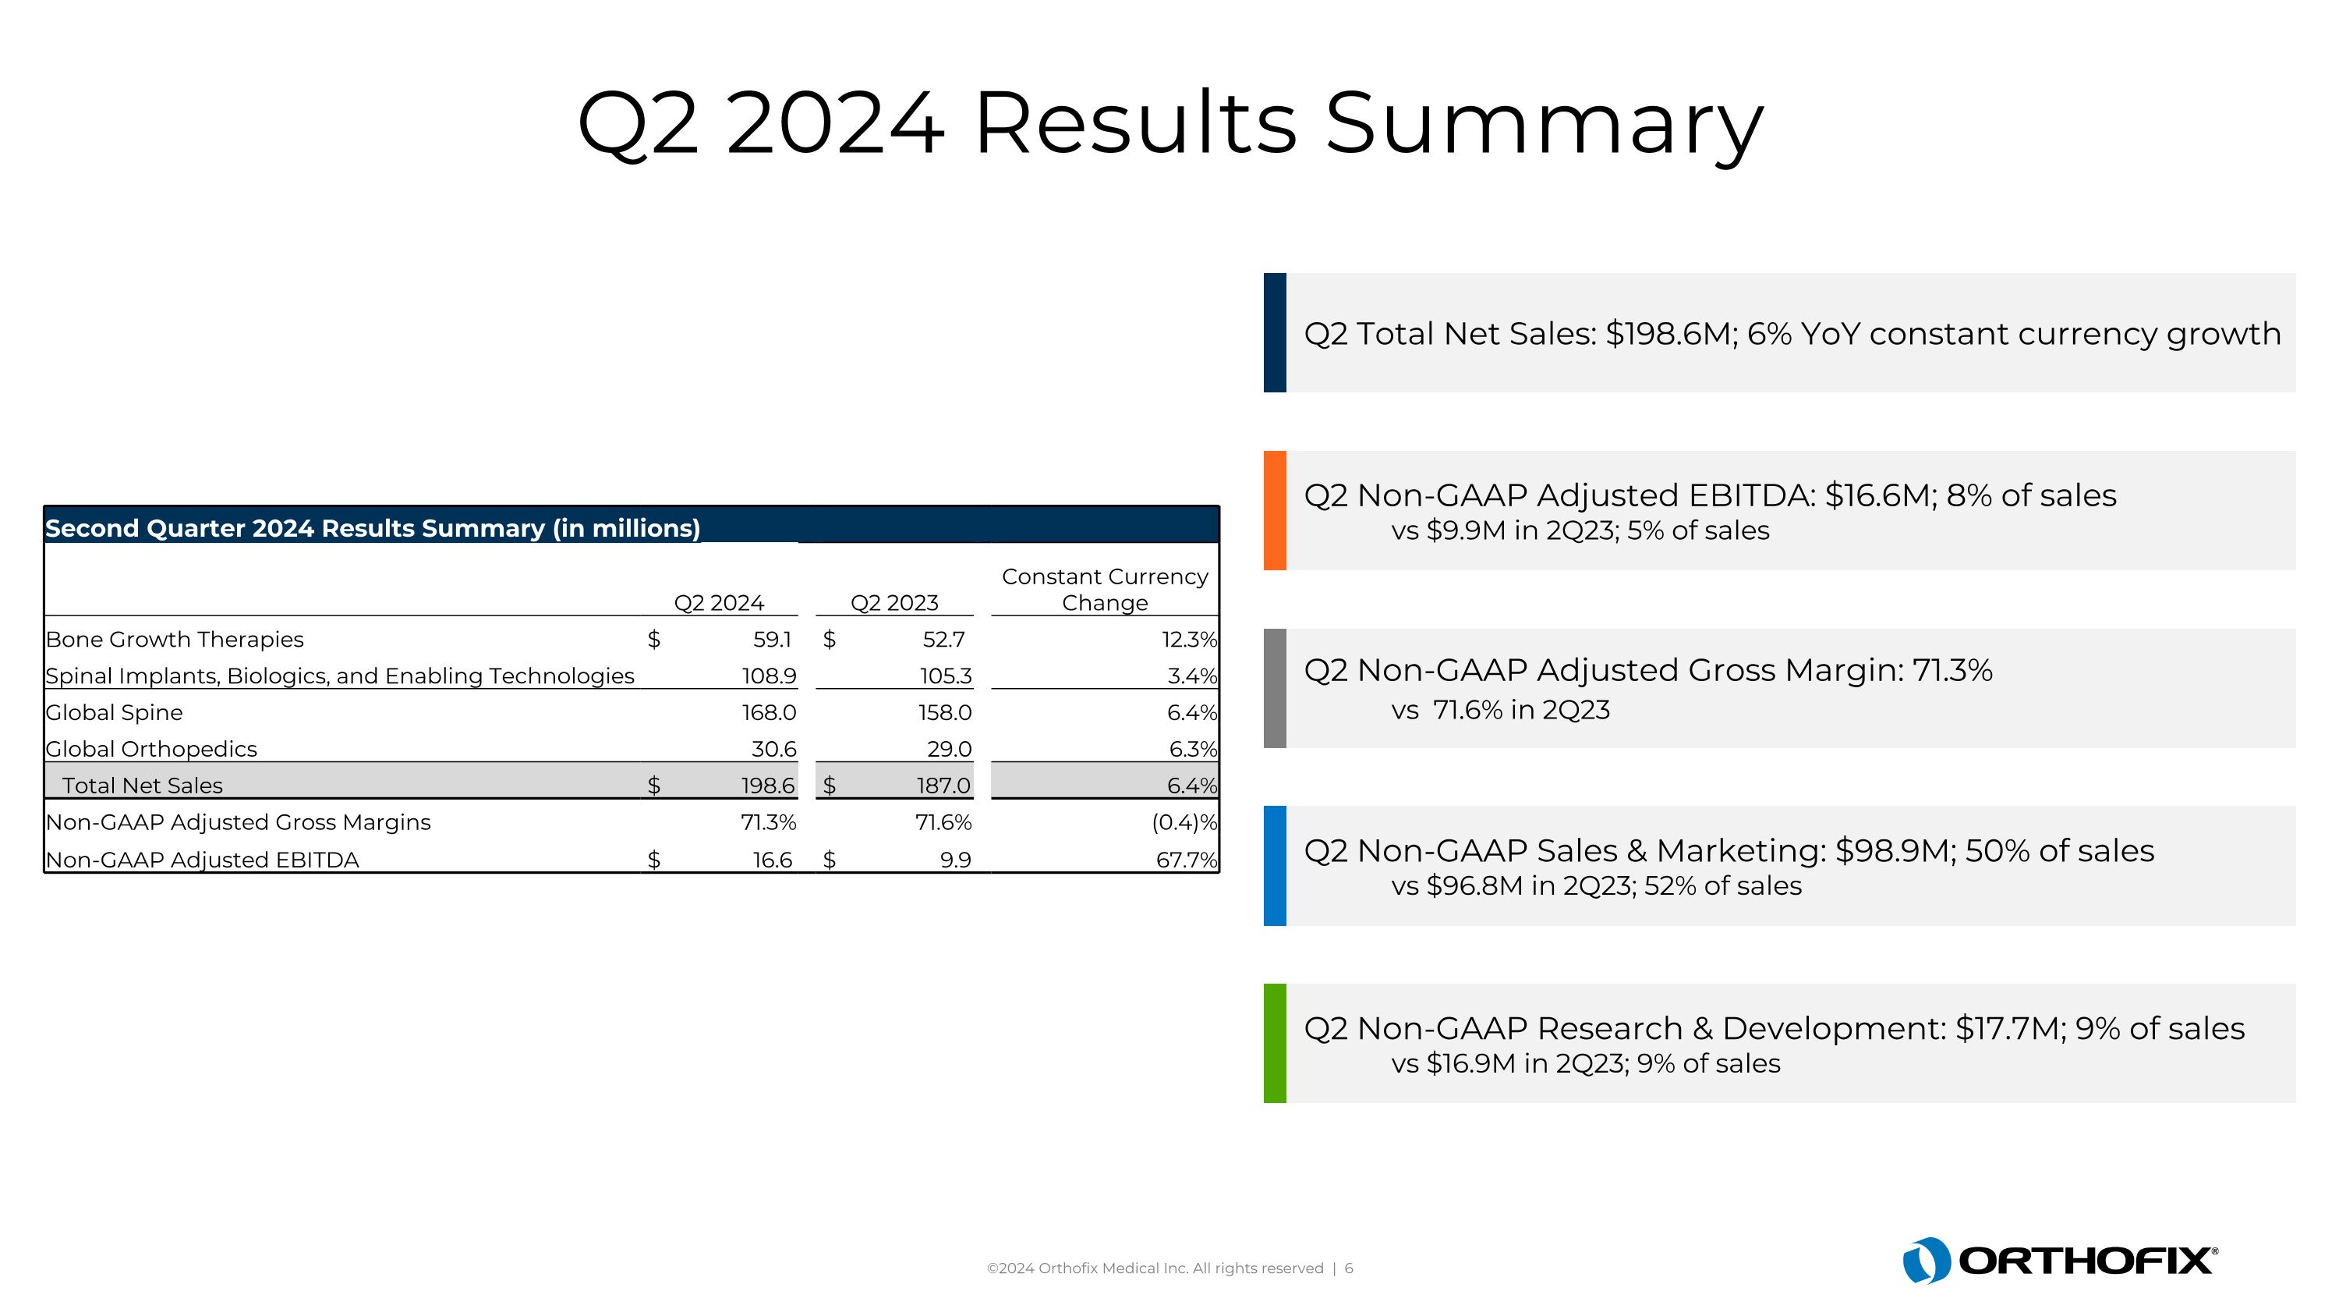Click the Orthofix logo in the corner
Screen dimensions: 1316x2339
2059,1260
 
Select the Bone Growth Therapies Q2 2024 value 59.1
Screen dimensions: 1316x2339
772,640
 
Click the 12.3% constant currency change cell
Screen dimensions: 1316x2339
1188,640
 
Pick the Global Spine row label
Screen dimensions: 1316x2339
115,713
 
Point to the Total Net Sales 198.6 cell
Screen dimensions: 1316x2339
768,786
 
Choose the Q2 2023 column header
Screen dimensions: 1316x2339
893,603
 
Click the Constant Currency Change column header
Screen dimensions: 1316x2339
1104,590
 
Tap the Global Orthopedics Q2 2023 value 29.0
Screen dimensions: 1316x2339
949,750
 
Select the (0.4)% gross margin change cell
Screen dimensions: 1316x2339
1184,823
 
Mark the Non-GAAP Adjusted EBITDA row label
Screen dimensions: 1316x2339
203,860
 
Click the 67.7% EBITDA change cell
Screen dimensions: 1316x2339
1186,860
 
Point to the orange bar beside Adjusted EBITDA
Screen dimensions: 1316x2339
1275,510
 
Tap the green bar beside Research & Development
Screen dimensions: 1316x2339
1275,1044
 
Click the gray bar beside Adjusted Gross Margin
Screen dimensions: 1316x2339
1275,689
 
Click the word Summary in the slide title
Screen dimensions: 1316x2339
1544,125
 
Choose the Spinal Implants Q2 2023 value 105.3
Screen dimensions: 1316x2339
945,676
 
